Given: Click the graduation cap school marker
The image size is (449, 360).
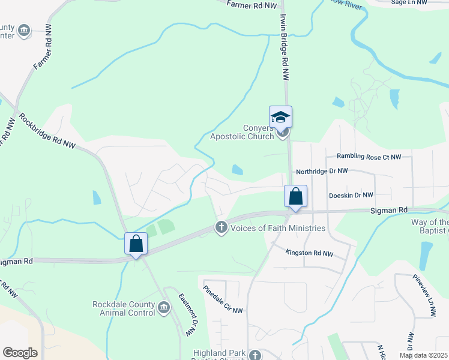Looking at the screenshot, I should tap(280, 116).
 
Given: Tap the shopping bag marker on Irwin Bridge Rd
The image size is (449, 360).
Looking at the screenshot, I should tap(295, 196).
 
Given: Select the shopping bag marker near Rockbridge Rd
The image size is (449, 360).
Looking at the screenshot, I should tap(136, 244).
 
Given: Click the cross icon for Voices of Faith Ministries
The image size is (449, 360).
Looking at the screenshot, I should tap(221, 227).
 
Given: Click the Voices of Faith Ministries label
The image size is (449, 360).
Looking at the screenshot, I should tap(277, 228).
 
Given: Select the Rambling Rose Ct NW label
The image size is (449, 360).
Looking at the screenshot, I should tap(369, 157).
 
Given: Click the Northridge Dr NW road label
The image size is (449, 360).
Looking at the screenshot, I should tap(322, 171).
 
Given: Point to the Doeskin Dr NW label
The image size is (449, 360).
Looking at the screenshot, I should tap(351, 195).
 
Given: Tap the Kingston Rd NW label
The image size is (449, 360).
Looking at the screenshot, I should tap(309, 253).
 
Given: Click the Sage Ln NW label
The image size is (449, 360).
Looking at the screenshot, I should tap(409, 3).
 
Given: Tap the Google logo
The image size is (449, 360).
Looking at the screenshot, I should tap(20, 352).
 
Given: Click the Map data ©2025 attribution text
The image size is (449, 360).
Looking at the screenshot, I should tap(423, 355).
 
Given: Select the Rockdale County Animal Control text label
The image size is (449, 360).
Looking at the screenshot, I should tap(123, 309).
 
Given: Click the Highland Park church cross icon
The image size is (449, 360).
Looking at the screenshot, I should tap(255, 355).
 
